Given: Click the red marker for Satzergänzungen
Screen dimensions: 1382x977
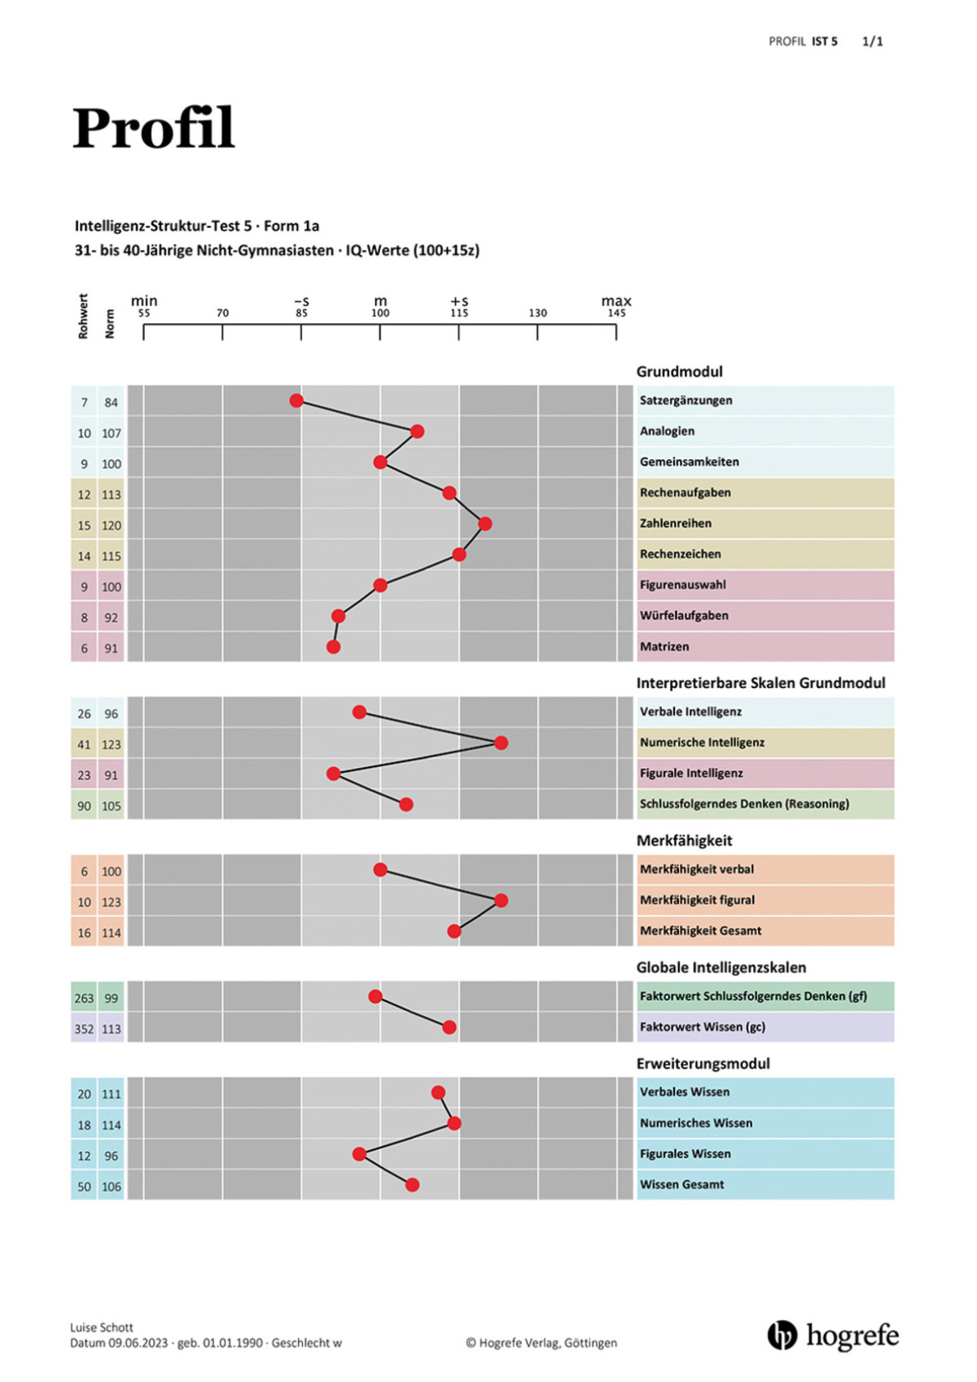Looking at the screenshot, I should (296, 401).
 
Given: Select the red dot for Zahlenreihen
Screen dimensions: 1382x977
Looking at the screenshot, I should (485, 524).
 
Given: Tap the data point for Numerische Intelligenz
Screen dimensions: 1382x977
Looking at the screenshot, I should (502, 743).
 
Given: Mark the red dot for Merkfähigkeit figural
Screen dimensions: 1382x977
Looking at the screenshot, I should (502, 901).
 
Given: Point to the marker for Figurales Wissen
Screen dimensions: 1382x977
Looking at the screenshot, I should (359, 1154).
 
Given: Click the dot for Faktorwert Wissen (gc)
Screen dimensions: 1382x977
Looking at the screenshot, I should (449, 1028).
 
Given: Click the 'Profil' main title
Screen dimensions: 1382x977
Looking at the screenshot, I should (154, 128).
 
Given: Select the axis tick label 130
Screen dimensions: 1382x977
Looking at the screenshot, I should (537, 313).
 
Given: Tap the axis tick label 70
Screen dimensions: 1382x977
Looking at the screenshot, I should (222, 313).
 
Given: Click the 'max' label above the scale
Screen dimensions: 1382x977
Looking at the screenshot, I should (616, 301).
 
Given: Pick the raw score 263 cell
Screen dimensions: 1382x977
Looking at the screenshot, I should (84, 998).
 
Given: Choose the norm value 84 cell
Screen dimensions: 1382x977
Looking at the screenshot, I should (111, 402).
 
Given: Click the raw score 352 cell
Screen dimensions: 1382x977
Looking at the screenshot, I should (84, 1029).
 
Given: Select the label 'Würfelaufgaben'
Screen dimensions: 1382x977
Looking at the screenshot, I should (684, 616).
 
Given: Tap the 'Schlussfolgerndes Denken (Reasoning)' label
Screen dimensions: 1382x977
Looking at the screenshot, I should (744, 804).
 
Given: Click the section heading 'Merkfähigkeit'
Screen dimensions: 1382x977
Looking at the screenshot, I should (684, 840).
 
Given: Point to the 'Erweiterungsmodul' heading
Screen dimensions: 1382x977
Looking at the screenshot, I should (703, 1064).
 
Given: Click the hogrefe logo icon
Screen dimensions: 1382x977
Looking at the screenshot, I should (782, 1336).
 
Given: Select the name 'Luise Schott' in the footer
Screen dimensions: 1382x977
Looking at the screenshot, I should (102, 1327).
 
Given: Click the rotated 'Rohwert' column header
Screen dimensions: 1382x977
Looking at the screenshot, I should (83, 316).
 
